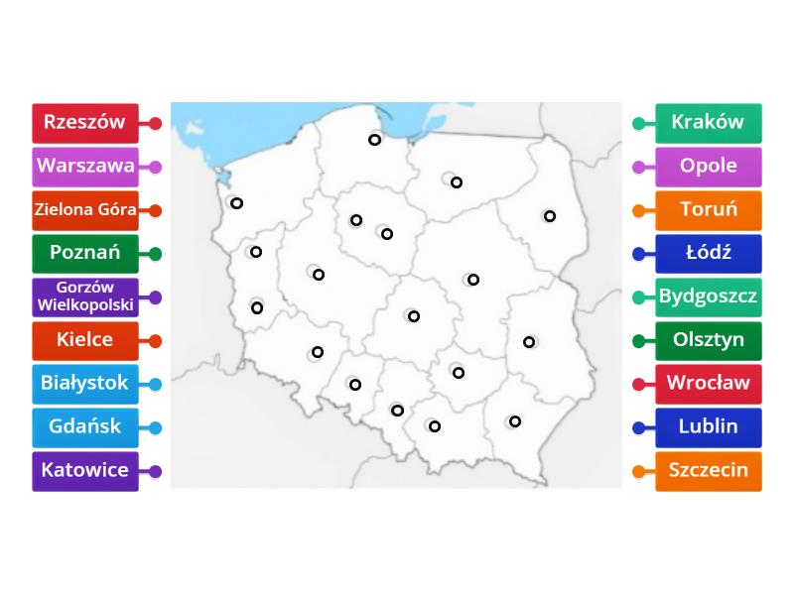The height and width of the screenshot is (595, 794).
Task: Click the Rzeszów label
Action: click(x=84, y=123)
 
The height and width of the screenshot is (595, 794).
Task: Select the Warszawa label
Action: click(x=84, y=167)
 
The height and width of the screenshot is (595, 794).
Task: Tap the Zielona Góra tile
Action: click(x=84, y=210)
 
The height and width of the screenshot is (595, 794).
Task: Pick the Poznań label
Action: click(x=84, y=253)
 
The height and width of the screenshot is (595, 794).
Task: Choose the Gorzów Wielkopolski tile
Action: click(x=84, y=297)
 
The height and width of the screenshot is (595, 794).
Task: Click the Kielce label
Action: click(x=84, y=340)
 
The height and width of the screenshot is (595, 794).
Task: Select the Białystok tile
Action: click(x=84, y=383)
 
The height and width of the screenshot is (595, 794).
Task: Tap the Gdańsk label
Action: click(x=84, y=426)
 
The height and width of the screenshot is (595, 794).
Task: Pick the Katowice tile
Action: click(x=84, y=470)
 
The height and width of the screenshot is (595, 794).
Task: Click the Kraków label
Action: click(x=708, y=123)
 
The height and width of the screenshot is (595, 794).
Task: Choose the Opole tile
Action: click(x=708, y=167)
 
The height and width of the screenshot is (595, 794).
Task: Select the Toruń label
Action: click(x=708, y=210)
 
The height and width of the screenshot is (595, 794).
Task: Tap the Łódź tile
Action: click(x=708, y=253)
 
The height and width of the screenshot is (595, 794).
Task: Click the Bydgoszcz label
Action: click(x=708, y=297)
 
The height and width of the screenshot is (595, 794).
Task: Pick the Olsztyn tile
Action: click(x=708, y=340)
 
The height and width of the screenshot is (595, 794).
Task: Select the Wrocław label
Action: click(x=708, y=383)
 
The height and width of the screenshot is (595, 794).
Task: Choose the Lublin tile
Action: click(x=708, y=426)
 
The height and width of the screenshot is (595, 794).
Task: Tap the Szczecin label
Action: click(x=708, y=470)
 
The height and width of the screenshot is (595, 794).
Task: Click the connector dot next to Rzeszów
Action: click(x=156, y=124)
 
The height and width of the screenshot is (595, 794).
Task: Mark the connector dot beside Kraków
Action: click(x=638, y=124)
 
